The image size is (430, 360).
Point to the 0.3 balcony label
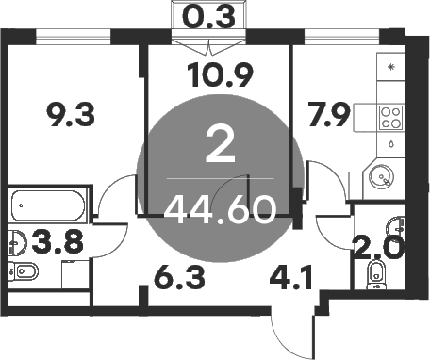click(x=208, y=17)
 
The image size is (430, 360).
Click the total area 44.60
click(x=220, y=208)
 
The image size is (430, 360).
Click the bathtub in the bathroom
click(x=48, y=204)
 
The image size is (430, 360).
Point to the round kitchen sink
click(x=381, y=176)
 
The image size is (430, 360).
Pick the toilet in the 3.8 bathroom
click(x=26, y=272)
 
